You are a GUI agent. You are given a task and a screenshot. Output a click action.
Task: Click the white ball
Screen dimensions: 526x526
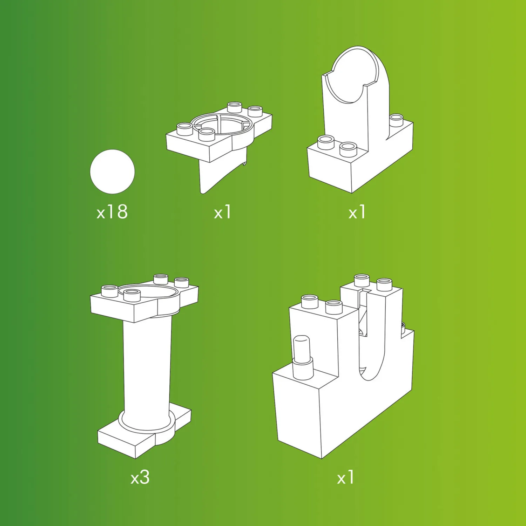click(x=112, y=171)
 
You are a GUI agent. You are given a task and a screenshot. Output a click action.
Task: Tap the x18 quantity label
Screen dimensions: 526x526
click(x=112, y=212)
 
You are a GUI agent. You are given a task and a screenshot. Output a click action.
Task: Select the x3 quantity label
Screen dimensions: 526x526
click(x=140, y=477)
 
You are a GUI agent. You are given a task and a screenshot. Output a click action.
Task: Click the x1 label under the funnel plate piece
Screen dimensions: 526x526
click(x=222, y=212)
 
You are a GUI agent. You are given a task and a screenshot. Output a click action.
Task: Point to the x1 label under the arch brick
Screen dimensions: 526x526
click(x=357, y=212)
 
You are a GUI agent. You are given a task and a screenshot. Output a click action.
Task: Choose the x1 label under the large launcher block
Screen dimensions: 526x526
click(x=345, y=477)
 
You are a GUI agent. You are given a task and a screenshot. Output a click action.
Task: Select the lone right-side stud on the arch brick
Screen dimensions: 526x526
click(x=396, y=120)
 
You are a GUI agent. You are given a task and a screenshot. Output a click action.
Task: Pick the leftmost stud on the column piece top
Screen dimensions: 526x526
click(x=109, y=291)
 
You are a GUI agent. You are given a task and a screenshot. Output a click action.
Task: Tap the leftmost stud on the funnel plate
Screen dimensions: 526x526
click(x=185, y=129)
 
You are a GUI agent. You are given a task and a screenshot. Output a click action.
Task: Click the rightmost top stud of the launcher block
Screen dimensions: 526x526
click(x=384, y=284)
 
